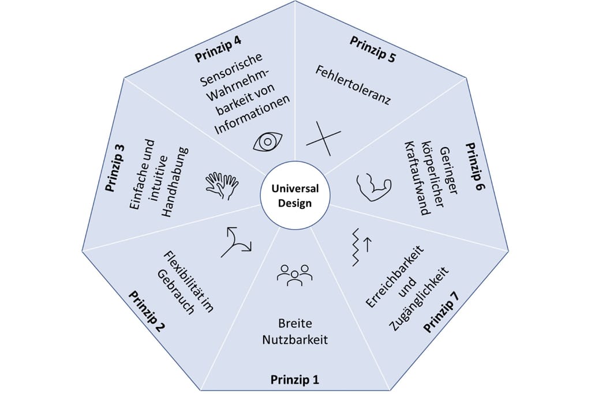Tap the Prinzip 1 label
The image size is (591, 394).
[294, 380]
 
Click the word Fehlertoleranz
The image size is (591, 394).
[354, 85]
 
